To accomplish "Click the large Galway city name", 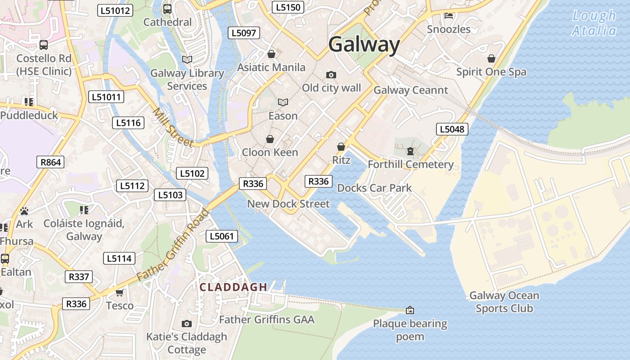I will point(364,45).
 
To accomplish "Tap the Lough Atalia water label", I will point(594,23).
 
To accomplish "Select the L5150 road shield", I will point(288,7).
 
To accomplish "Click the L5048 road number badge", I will point(452,130).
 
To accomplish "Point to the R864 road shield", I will point(50,162).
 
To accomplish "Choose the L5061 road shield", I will point(221,236).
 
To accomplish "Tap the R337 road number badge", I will point(79,277).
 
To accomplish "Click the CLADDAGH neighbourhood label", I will point(234,287).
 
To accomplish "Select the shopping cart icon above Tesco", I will point(119,293).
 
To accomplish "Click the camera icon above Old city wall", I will point(331,75).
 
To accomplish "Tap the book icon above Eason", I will point(283,103).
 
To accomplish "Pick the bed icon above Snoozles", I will point(449,16).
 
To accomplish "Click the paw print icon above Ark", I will point(24,211).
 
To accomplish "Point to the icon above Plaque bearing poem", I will point(410,310).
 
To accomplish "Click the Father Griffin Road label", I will point(173,244).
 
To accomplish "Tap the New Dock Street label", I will point(288,204).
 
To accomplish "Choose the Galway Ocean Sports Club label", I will point(504,302).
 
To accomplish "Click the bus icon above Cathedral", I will point(167,9).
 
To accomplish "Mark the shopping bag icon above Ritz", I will point(341,147).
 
